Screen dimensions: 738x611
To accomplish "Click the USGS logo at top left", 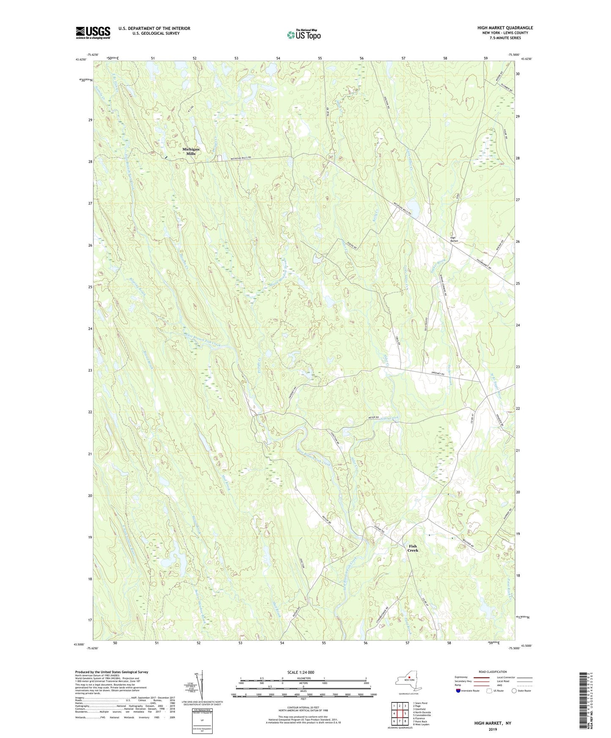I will (x=93, y=33).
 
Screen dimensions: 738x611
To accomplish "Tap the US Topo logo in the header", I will (x=304, y=35).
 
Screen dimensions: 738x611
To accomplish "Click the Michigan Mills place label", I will (x=191, y=151).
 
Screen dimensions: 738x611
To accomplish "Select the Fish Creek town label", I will (x=413, y=548).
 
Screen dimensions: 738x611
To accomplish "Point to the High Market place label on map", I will (x=455, y=239).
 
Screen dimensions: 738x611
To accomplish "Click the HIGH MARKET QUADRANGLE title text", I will (x=505, y=28).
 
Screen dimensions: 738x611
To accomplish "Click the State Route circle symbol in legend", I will (x=514, y=691).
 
